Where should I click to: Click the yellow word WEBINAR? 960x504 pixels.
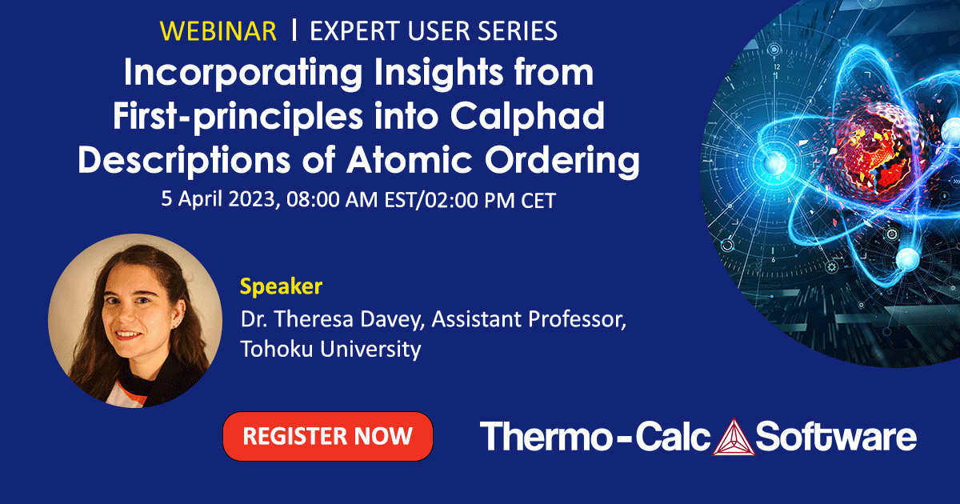point(218,31)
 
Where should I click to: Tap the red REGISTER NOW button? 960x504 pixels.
point(327,436)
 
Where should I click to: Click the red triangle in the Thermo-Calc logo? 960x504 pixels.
point(729,437)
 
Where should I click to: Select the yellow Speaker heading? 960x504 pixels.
point(281,286)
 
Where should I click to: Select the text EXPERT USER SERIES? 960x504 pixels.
point(433,31)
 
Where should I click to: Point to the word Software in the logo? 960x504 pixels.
point(835,437)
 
